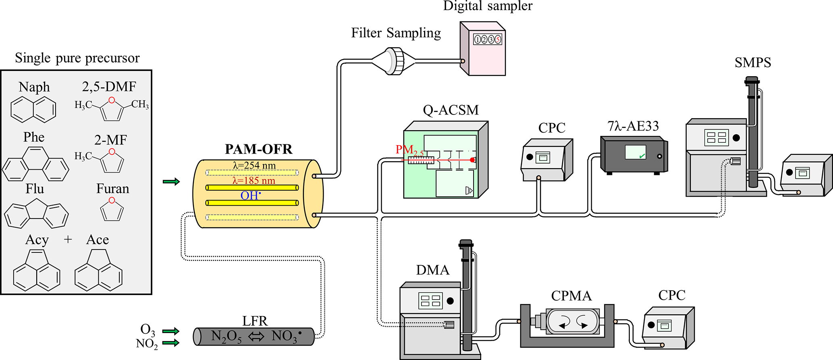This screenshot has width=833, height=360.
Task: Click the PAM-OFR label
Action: point(258,149)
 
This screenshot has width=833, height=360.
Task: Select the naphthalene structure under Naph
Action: point(33,110)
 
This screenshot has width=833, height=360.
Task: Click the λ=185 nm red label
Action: point(253,181)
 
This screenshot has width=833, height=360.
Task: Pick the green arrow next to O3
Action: point(170,331)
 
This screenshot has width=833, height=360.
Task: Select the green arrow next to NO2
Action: point(170,343)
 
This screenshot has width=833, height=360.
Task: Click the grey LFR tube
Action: point(254,337)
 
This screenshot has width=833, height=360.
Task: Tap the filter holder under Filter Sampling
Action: point(394,61)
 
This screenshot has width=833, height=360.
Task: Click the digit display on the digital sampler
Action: point(487,40)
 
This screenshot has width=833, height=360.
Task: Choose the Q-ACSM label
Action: point(451,110)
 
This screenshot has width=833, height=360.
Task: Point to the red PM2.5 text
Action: point(409,150)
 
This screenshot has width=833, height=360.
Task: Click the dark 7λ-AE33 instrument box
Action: point(633,155)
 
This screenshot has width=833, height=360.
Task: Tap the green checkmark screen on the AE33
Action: point(636,152)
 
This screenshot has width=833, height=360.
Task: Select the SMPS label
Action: point(752,62)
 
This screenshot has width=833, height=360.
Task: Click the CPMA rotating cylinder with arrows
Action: point(572,322)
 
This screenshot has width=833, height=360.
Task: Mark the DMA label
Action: point(432,270)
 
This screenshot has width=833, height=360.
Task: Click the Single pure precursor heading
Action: point(77,58)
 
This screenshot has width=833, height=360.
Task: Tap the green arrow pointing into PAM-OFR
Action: point(171,182)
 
